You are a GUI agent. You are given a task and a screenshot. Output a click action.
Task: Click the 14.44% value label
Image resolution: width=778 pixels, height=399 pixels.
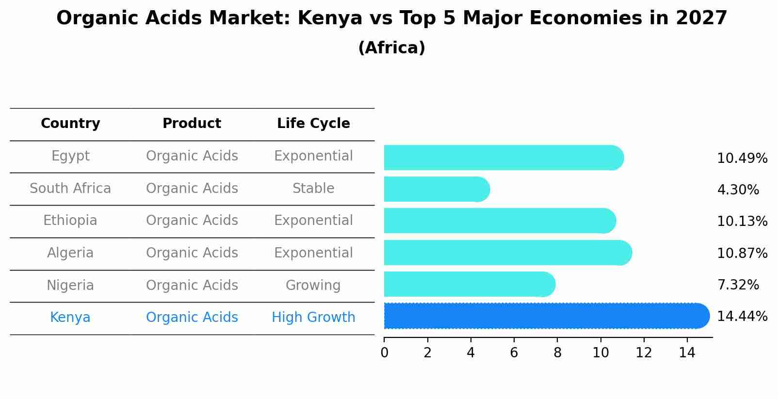point(742,317)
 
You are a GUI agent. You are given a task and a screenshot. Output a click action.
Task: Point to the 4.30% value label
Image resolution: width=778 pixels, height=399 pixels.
point(738,190)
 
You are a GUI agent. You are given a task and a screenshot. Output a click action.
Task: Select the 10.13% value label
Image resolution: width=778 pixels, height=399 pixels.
point(742,222)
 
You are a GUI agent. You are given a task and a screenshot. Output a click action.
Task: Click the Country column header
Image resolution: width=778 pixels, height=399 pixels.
point(70,124)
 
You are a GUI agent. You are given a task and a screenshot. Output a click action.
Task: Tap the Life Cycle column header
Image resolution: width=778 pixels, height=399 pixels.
point(313,124)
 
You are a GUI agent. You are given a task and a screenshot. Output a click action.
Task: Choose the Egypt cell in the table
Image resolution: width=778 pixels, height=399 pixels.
point(70,156)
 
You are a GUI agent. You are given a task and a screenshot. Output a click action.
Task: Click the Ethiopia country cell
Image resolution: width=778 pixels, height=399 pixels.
point(70,221)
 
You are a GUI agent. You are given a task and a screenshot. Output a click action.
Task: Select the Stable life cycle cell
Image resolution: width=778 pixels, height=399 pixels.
point(313,189)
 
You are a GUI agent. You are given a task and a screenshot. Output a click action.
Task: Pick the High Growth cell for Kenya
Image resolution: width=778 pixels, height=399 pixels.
point(313,318)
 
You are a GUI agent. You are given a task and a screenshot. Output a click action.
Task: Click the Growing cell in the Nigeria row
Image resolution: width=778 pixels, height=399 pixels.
point(313,285)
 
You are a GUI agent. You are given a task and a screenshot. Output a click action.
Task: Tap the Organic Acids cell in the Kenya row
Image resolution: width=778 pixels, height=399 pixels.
point(192,318)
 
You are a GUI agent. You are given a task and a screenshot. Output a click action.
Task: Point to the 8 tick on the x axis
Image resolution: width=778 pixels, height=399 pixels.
point(557,353)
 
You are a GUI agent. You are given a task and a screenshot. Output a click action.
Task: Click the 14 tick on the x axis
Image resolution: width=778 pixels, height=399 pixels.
point(687,353)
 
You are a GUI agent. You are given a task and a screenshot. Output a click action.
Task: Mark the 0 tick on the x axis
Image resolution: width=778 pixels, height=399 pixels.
point(384,353)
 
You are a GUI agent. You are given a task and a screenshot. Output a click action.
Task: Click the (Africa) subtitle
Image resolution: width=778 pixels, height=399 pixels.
point(391,48)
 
